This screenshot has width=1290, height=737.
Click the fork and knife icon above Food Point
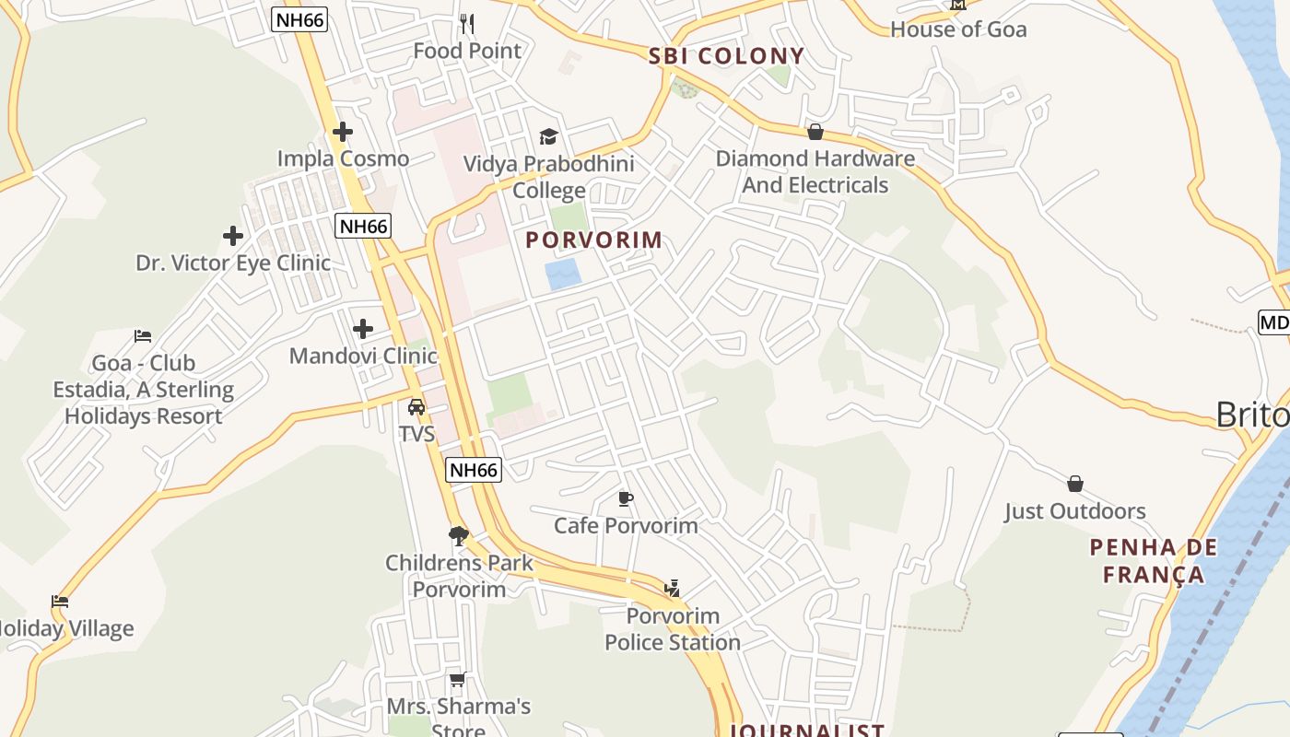[467, 23]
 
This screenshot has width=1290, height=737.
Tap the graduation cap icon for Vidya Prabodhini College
[549, 137]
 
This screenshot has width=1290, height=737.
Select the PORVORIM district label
[593, 240]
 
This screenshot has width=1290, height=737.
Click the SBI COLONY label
[726, 56]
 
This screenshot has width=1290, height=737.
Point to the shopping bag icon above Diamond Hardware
[815, 132]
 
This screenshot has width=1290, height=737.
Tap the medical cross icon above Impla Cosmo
[343, 132]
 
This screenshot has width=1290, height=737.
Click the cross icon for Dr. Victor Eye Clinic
[233, 236]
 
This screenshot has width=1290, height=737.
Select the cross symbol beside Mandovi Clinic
[363, 329]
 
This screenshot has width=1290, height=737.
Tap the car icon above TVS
[416, 406]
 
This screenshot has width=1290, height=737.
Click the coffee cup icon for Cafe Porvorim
[626, 499]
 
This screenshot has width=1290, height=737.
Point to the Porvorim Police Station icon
[673, 589]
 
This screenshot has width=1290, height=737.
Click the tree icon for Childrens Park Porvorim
[458, 535]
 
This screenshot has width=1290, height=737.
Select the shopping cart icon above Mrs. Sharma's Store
[457, 680]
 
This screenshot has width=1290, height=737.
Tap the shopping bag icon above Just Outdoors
[1074, 484]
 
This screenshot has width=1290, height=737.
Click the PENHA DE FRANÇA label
[1153, 561]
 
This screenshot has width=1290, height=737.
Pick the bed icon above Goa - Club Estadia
[143, 336]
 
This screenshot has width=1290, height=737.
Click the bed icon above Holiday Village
[60, 602]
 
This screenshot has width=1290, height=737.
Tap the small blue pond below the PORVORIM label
[562, 275]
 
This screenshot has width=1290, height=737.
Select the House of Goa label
[958, 29]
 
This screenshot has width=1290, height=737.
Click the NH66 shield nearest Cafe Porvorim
[474, 470]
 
